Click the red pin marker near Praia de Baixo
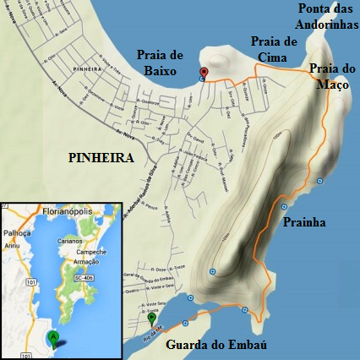tap(203, 73)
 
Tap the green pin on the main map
tap(152, 319)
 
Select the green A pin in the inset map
tap(54, 338)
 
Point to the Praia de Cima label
tap(273, 48)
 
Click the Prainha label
tap(302, 223)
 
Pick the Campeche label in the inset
tap(90, 251)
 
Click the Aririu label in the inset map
tap(12, 245)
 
